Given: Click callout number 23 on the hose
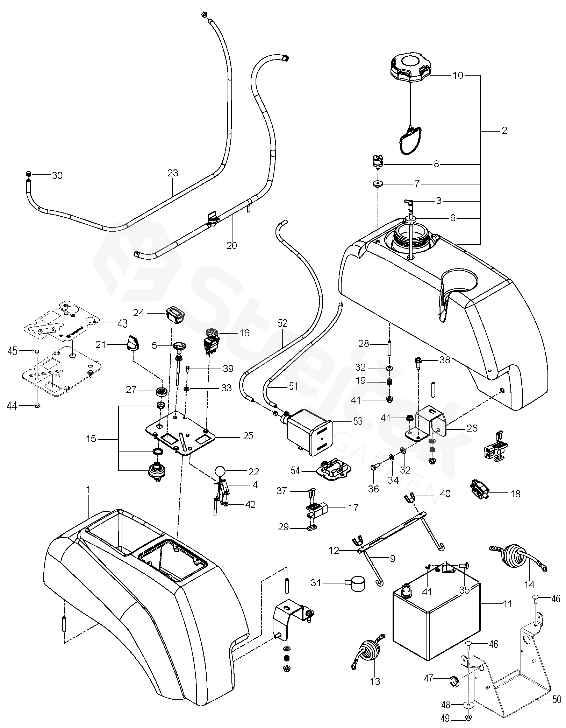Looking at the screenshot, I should (x=173, y=173).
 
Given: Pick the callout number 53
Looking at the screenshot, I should (x=358, y=421).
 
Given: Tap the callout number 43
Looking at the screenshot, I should (x=122, y=324).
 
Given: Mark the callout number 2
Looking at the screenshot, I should (x=504, y=131).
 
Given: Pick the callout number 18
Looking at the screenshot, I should (x=515, y=494).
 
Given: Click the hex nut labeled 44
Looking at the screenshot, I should (x=38, y=406).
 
